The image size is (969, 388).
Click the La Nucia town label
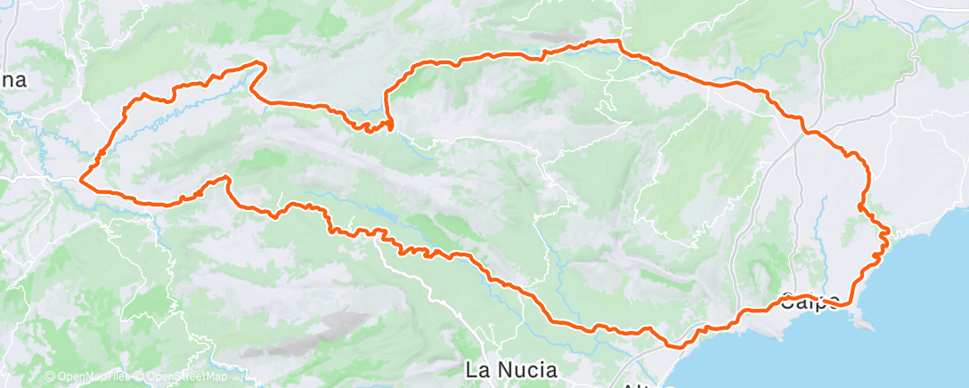512,368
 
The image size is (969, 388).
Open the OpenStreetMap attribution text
186,376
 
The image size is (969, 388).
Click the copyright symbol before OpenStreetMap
140,376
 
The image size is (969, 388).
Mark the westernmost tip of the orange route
81,180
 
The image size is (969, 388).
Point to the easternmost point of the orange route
889,232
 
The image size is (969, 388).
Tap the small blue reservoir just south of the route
383,214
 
